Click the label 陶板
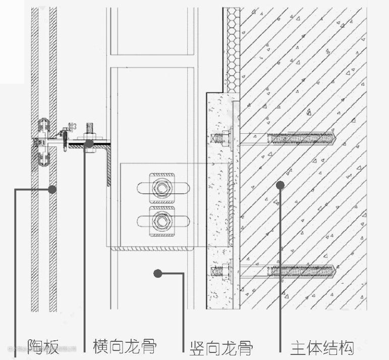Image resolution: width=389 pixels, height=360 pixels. tap(43, 347)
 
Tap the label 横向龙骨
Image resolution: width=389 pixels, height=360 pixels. tap(124, 346)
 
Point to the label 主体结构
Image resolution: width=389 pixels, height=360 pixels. tap(321, 348)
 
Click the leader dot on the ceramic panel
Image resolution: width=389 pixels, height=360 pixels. tap(51, 189)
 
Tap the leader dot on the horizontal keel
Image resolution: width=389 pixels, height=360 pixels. tap(89, 144)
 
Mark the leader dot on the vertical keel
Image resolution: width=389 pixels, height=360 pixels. tap(158, 274)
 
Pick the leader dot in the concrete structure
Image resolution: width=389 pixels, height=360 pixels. tap(281, 186)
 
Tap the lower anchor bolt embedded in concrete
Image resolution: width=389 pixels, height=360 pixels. tap(301, 271)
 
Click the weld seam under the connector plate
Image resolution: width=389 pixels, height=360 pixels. tap(151, 247)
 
